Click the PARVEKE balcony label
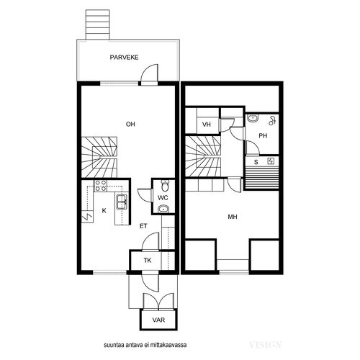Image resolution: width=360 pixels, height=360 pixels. click(x=124, y=58)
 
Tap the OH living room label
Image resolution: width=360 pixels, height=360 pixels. click(x=130, y=124)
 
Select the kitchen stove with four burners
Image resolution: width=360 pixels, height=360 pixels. click(x=101, y=186)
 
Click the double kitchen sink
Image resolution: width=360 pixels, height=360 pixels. click(x=122, y=202)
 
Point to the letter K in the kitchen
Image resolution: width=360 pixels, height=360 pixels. click(x=104, y=211)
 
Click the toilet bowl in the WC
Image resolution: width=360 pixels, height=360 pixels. click(x=165, y=185)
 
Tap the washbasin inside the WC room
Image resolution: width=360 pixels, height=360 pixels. click(x=164, y=210)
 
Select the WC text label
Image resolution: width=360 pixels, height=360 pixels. click(x=163, y=198)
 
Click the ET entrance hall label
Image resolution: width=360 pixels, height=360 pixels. click(x=143, y=226)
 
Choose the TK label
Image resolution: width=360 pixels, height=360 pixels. click(x=148, y=261)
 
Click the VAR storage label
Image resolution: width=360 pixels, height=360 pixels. click(x=158, y=320)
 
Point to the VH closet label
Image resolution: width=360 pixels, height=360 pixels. click(x=207, y=125)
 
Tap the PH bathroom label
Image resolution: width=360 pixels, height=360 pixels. click(x=263, y=136)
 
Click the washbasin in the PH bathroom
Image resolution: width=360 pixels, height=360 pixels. click(x=253, y=118)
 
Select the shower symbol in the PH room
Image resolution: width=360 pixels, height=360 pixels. click(x=272, y=121)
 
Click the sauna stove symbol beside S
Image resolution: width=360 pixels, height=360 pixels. click(x=271, y=161)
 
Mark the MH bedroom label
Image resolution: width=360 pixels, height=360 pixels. click(x=233, y=217)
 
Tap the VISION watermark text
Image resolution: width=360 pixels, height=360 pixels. click(x=265, y=345)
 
